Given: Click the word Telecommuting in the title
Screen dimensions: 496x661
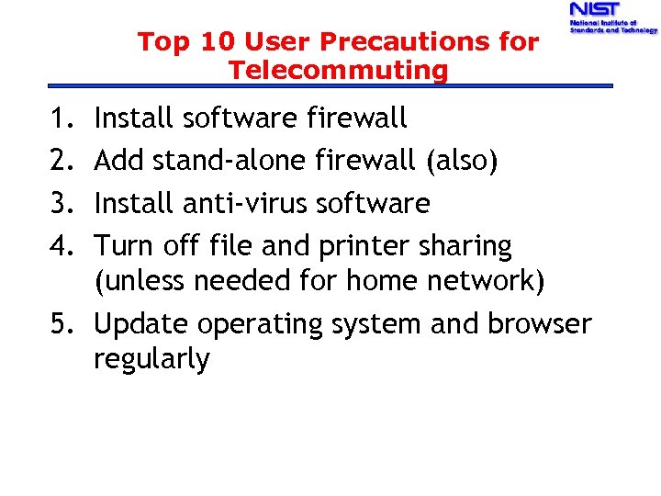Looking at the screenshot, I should tap(339, 70).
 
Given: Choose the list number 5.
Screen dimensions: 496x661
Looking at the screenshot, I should tap(76, 324).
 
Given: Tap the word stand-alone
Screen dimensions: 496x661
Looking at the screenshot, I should tap(230, 161).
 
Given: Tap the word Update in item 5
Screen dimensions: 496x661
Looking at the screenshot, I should tap(141, 325).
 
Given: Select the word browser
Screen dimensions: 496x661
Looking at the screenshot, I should tap(540, 324).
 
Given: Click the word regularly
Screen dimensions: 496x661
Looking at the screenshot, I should tap(151, 359).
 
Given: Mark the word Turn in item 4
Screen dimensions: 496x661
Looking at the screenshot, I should tap(125, 245).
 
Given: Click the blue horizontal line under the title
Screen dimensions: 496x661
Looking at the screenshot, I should tap(330, 86).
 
